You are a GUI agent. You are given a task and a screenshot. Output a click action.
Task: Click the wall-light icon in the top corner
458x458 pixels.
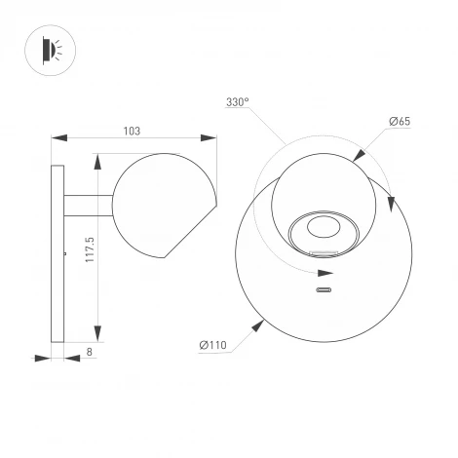(49, 49)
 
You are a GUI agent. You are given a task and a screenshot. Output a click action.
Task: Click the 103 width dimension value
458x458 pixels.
(133, 130)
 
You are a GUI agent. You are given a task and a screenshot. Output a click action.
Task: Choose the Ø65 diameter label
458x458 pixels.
(399, 120)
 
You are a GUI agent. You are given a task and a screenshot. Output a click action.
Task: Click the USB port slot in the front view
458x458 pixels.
(324, 289)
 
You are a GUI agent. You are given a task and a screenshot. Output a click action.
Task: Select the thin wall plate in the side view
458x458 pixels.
(58, 253)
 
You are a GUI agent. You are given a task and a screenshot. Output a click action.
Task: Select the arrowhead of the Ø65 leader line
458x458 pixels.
(360, 155)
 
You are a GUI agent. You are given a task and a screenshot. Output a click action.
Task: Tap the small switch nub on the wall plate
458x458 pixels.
(65, 253)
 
